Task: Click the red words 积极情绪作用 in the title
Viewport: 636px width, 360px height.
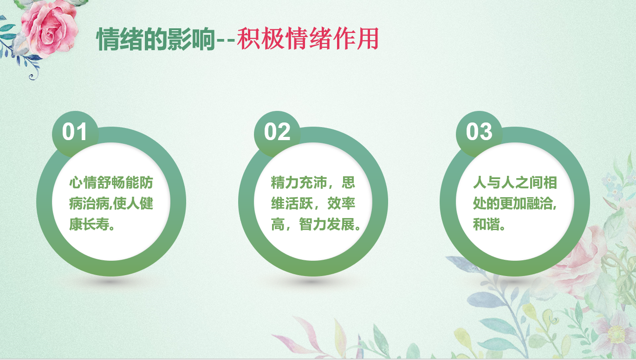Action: pyautogui.click(x=308, y=39)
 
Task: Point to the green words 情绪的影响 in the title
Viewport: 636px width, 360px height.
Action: pyautogui.click(x=156, y=39)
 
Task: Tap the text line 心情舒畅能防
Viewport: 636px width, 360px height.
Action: pyautogui.click(x=111, y=182)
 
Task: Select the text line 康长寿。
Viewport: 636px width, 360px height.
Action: pyautogui.click(x=92, y=225)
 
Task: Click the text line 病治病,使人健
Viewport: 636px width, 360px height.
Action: pyautogui.click(x=111, y=203)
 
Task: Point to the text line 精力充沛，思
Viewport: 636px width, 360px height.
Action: pyautogui.click(x=313, y=182)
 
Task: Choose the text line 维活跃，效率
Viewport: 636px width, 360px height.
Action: pyautogui.click(x=313, y=203)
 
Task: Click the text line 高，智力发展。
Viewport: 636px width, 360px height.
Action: pyautogui.click(x=316, y=225)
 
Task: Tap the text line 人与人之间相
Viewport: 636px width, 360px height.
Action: pyautogui.click(x=515, y=182)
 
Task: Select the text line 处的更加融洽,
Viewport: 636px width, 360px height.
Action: pyautogui.click(x=515, y=203)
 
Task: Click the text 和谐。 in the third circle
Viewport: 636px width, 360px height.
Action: pyautogui.click(x=489, y=225)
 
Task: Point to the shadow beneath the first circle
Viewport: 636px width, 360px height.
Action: pyautogui.click(x=111, y=281)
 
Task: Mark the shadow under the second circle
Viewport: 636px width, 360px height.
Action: pyautogui.click(x=313, y=281)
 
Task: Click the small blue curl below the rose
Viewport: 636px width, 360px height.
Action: pyautogui.click(x=32, y=76)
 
